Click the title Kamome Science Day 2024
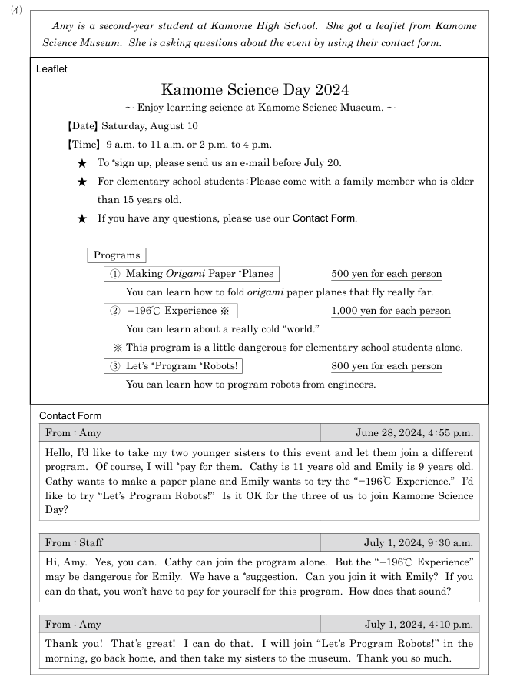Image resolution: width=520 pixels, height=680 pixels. pyautogui.click(x=255, y=90)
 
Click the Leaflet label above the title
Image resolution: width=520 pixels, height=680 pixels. pyautogui.click(x=51, y=69)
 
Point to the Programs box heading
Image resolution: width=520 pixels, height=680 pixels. pyautogui.click(x=117, y=255)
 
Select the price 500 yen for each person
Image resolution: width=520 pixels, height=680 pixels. pyautogui.click(x=386, y=274)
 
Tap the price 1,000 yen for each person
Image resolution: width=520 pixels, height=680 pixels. pyautogui.click(x=391, y=311)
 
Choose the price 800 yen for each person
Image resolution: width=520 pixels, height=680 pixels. pyautogui.click(x=386, y=366)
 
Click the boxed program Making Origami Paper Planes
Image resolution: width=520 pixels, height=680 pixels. pyautogui.click(x=190, y=274)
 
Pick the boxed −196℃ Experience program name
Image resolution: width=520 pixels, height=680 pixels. pyautogui.click(x=171, y=311)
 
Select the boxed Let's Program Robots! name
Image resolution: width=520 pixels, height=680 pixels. pyautogui.click(x=174, y=366)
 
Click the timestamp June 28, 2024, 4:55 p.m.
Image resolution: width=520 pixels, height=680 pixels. pyautogui.click(x=413, y=433)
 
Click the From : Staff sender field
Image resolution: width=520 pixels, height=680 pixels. pyautogui.click(x=74, y=543)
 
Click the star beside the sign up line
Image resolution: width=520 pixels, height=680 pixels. pyautogui.click(x=82, y=163)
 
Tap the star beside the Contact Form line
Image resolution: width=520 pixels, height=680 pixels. pyautogui.click(x=82, y=218)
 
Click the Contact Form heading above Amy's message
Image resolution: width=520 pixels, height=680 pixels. pyautogui.click(x=71, y=416)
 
